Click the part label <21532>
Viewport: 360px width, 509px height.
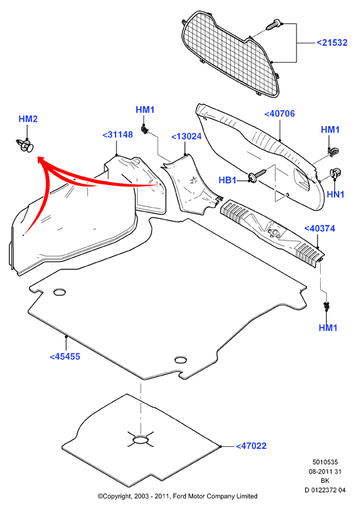(332, 42)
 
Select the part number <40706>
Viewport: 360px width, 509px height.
(280, 114)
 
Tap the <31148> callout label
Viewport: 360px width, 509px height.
(118, 135)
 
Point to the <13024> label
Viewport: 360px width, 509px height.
(186, 137)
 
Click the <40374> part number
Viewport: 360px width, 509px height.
(319, 229)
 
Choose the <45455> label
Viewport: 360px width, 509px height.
(65, 356)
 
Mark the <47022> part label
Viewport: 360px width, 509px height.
(251, 446)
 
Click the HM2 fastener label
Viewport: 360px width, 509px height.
(28, 119)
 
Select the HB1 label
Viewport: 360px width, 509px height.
(227, 180)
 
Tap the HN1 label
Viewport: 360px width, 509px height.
(335, 194)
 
